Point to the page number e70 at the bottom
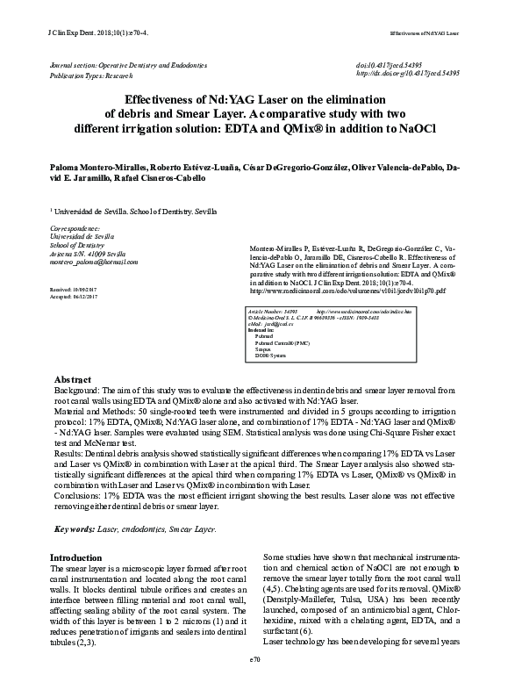pyautogui.click(x=256, y=681)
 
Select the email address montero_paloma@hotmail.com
pyautogui.click(x=94, y=262)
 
